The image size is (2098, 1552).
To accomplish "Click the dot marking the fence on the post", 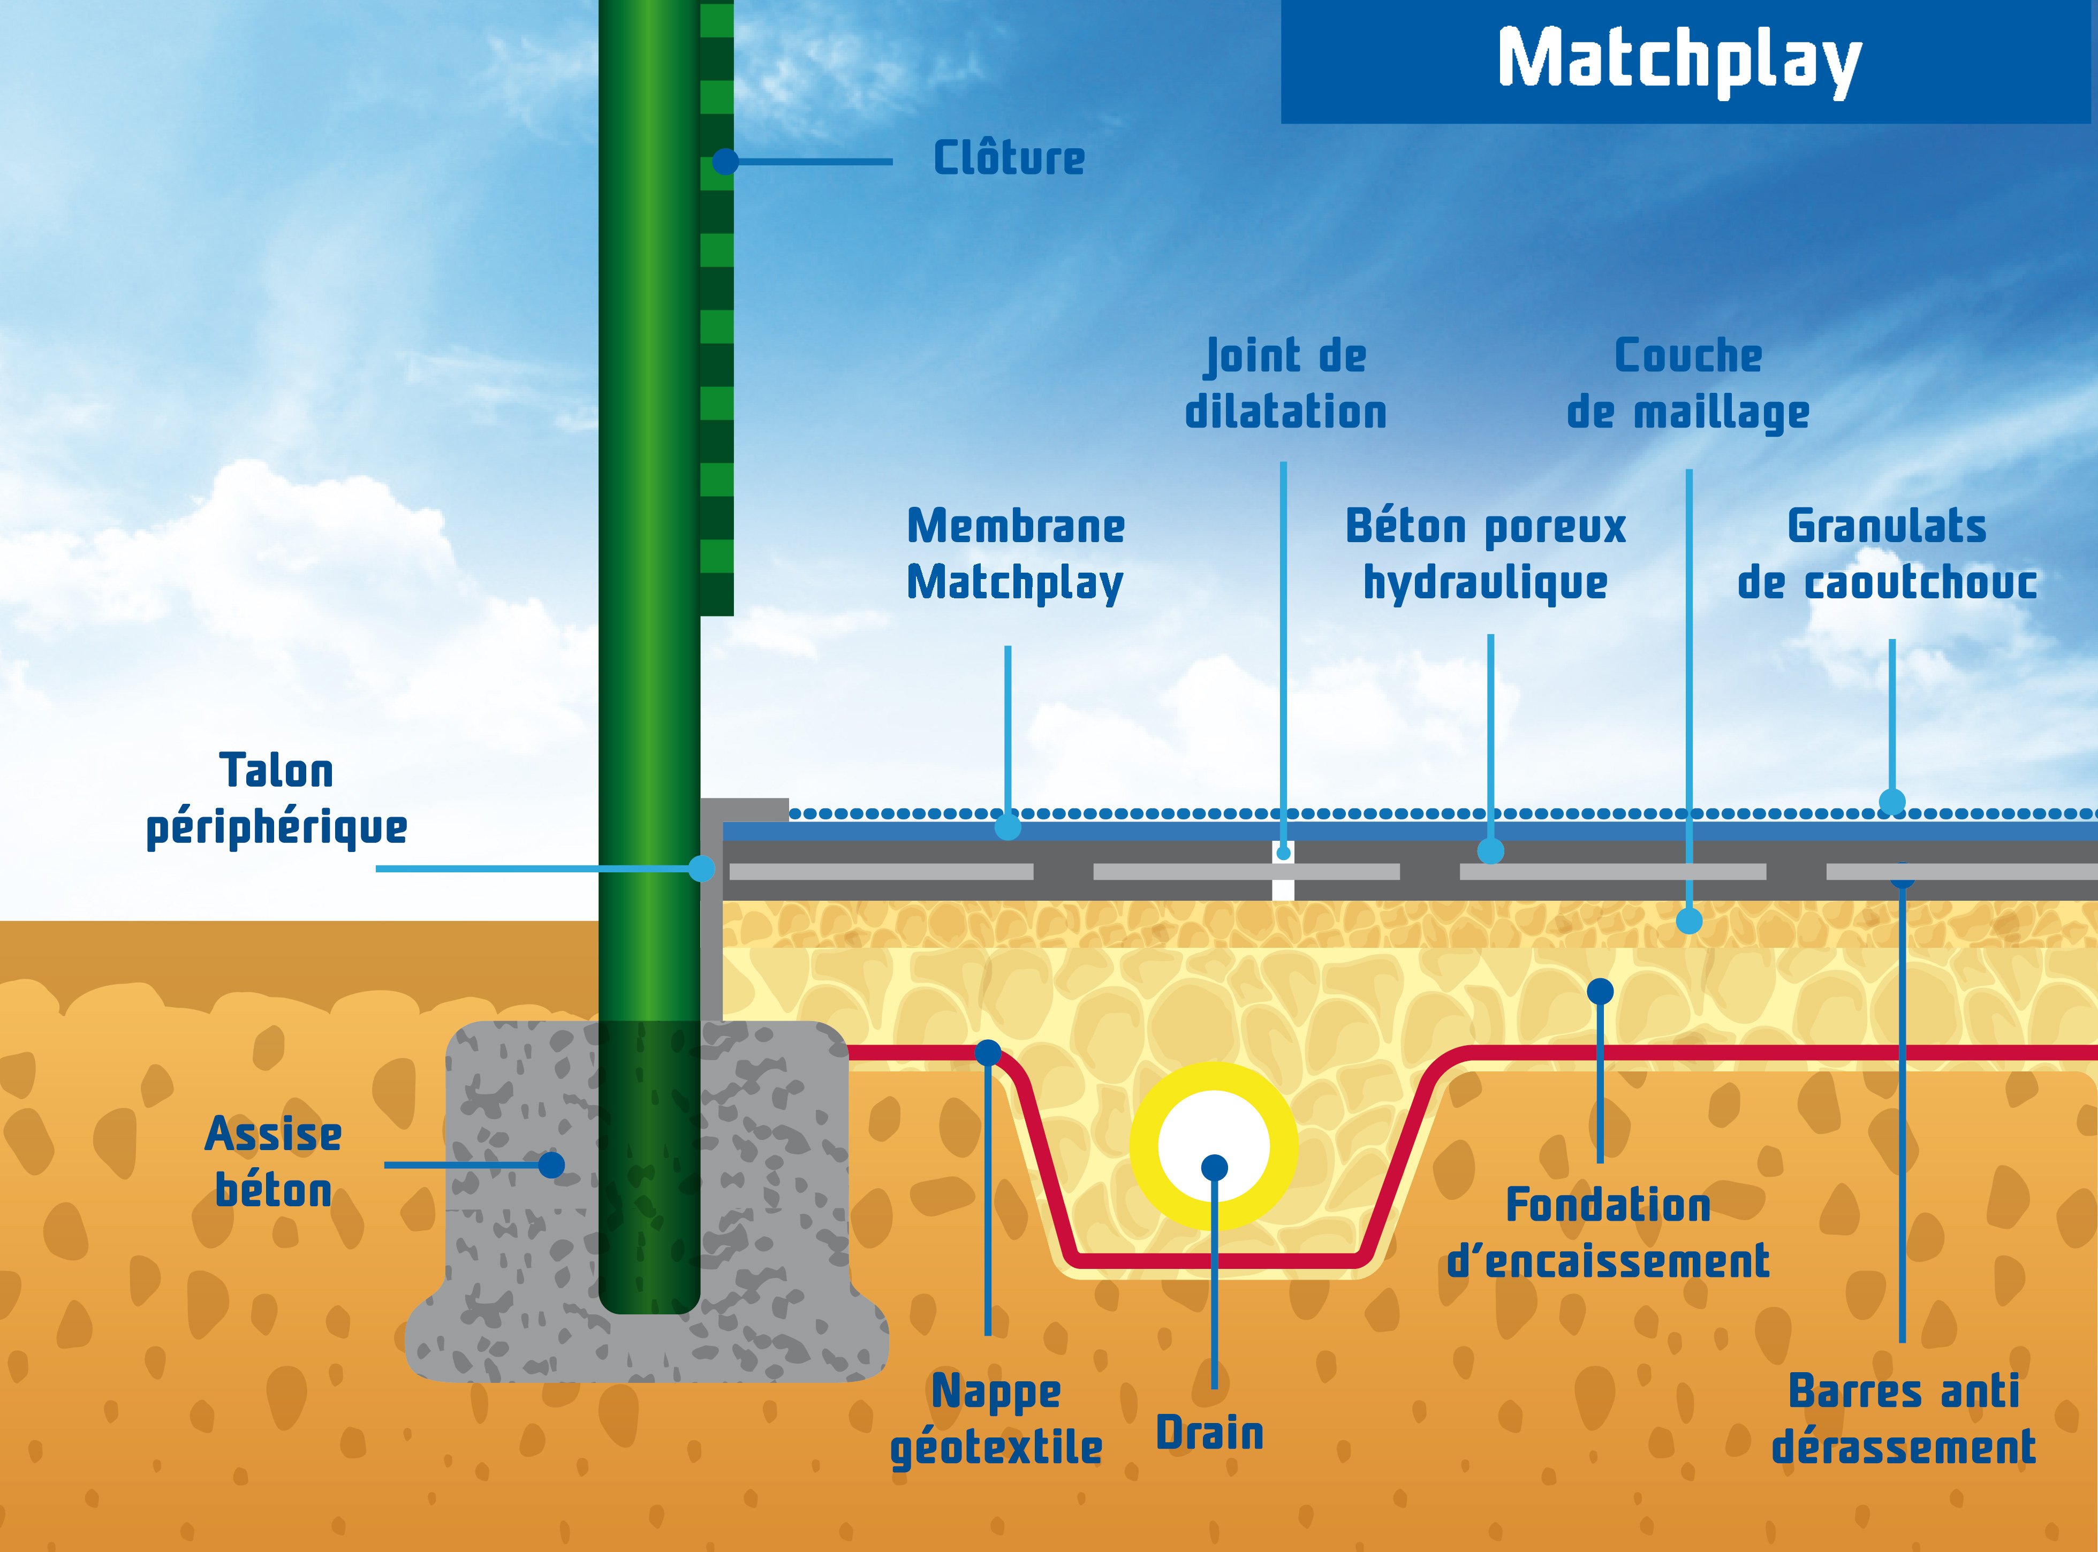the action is click(724, 162).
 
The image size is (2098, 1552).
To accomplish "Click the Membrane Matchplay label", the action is click(1016, 554).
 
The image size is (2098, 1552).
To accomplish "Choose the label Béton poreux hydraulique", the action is click(1486, 554).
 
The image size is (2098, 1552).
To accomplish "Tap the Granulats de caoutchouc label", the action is click(1887, 554).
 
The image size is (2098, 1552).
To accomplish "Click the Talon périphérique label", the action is click(276, 800).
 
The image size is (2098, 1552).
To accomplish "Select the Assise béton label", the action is click(274, 1162).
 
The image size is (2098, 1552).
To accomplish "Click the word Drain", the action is click(1209, 1433).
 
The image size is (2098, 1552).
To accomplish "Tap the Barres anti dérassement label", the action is click(1904, 1419).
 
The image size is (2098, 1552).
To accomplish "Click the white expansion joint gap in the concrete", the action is click(1283, 871).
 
